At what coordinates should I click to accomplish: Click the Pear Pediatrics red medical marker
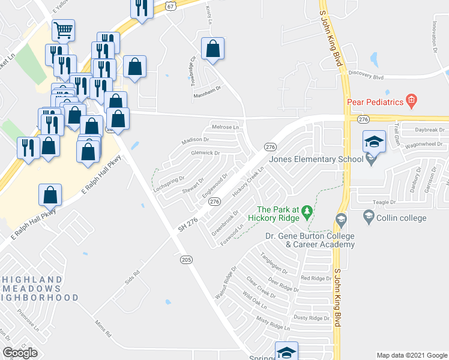[x=411, y=101]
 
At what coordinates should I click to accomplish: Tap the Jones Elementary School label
[x=316, y=159]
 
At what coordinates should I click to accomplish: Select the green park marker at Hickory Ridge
[x=307, y=211]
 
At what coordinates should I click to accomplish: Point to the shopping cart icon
[x=63, y=29]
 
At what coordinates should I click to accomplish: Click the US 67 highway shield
[x=170, y=6]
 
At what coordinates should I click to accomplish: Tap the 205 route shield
[x=186, y=259]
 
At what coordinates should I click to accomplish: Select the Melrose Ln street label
[x=225, y=127]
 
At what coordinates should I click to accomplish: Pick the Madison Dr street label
[x=195, y=140]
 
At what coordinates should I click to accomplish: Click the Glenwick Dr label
[x=206, y=153]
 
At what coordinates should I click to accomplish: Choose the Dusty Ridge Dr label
[x=312, y=318]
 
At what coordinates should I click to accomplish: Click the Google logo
[x=20, y=353]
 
